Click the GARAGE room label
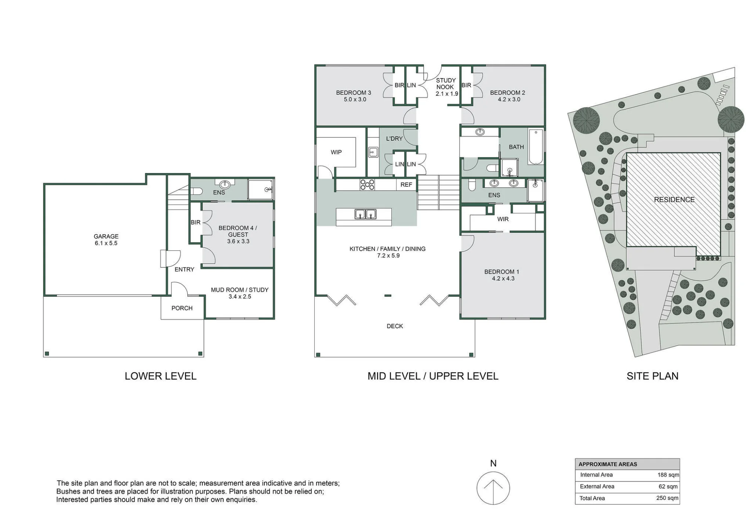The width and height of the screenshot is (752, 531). click(x=106, y=236)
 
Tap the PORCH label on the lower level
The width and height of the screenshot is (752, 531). click(x=182, y=308)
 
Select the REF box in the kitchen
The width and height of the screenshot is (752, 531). click(x=406, y=185)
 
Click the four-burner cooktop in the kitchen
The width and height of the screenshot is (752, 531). click(x=367, y=184)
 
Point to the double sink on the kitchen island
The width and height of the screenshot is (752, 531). click(x=365, y=214)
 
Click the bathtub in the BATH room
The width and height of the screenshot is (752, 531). click(x=535, y=147)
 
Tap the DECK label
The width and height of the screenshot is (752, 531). click(x=395, y=326)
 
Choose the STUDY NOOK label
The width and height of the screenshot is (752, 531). click(x=446, y=83)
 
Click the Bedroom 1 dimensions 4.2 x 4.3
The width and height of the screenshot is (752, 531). click(x=503, y=278)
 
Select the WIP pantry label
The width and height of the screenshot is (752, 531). click(x=336, y=152)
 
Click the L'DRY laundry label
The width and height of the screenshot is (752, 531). click(x=394, y=139)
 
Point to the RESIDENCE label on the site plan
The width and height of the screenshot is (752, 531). click(x=674, y=200)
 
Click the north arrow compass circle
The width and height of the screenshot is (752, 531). click(x=493, y=488)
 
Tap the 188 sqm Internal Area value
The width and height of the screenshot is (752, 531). click(x=668, y=475)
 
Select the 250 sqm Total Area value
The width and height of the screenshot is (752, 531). click(x=667, y=498)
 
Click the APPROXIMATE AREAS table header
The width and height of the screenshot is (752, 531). click(x=608, y=464)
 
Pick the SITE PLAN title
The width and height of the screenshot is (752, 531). click(x=652, y=376)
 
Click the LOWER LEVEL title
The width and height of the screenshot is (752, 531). click(x=161, y=376)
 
